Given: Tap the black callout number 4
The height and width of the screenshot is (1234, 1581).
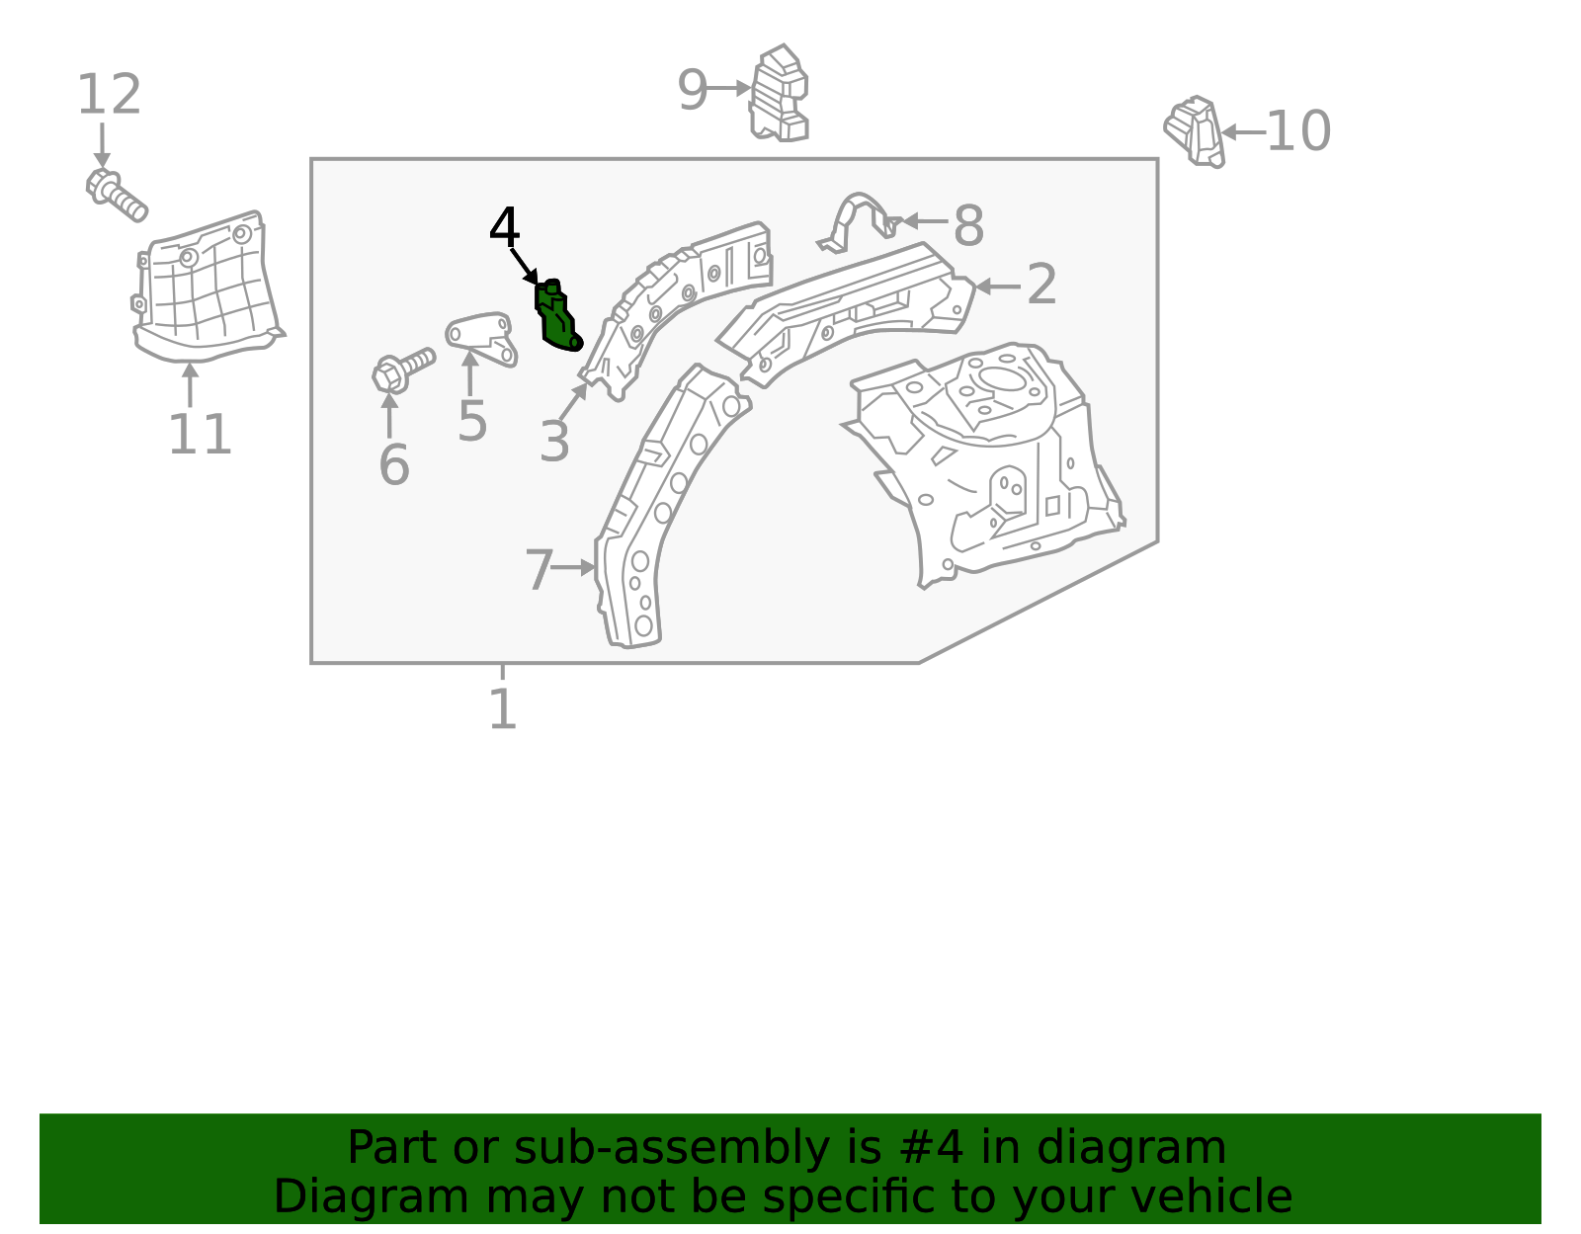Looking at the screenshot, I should pyautogui.click(x=504, y=228).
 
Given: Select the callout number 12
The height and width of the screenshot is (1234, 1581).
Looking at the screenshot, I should pyautogui.click(x=109, y=96).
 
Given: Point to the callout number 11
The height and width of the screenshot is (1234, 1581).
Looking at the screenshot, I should pyautogui.click(x=200, y=436).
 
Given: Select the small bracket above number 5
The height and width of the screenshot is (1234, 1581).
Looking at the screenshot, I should pyautogui.click(x=482, y=336).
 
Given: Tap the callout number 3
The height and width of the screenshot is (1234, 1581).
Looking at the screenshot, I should pyautogui.click(x=554, y=442).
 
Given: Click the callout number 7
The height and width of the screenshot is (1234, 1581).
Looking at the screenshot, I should pyautogui.click(x=539, y=571).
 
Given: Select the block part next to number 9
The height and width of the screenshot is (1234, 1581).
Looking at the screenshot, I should pyautogui.click(x=780, y=95).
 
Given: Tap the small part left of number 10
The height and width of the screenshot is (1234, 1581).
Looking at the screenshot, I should pyautogui.click(x=1195, y=130).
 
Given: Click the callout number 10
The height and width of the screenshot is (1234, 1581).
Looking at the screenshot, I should pyautogui.click(x=1298, y=131).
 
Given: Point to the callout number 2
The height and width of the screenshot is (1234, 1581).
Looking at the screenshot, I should pyautogui.click(x=1041, y=286).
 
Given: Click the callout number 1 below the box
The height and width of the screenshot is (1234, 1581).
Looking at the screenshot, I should pyautogui.click(x=502, y=709).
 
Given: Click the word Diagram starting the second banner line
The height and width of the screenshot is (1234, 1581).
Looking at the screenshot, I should pyautogui.click(x=330, y=1196).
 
